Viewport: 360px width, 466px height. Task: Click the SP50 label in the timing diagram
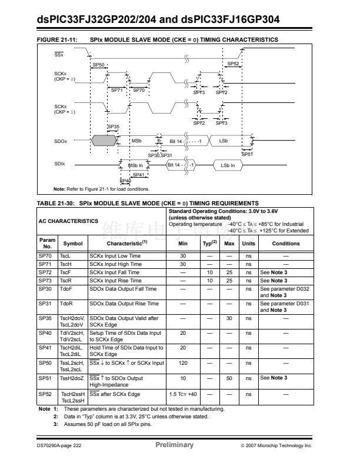coord(99,65)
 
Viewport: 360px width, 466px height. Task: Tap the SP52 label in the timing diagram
coord(233,64)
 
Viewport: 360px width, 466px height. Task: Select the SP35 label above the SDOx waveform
coord(113,127)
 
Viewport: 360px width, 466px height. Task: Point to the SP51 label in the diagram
coord(246,154)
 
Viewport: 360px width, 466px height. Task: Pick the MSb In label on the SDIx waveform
coord(136,165)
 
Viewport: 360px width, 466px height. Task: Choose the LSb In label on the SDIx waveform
coord(228,165)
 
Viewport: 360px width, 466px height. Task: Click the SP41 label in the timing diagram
coord(139,175)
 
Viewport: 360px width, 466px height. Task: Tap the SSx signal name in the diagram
coord(59,54)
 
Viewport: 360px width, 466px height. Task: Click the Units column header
coord(249,243)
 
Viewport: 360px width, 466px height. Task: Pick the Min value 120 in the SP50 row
coord(183,364)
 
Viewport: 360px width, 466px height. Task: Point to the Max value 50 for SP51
coord(230,378)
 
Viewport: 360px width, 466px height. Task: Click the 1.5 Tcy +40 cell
coord(183,394)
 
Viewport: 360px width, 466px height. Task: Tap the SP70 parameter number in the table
coord(45,256)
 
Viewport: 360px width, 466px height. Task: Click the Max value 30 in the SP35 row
coord(230,318)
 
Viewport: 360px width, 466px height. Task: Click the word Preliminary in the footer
coord(174,445)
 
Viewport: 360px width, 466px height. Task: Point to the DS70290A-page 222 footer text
coord(58,446)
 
